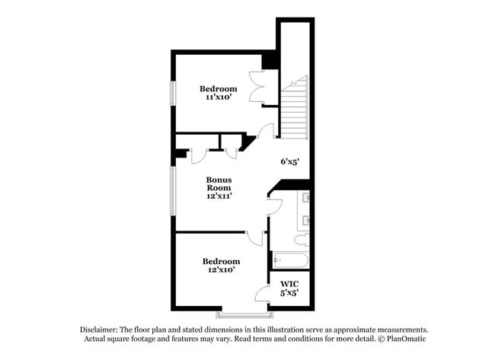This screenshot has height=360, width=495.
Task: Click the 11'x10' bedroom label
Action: click(x=218, y=94)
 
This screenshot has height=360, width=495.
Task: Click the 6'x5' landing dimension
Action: click(x=290, y=161)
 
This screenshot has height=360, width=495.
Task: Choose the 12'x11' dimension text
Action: click(x=219, y=195)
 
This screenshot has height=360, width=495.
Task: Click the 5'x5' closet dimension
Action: click(x=289, y=292)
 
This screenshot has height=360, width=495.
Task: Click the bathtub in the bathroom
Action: click(x=290, y=261)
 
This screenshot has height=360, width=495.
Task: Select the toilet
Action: click(x=302, y=239)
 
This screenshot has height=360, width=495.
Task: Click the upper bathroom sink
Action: click(x=306, y=199)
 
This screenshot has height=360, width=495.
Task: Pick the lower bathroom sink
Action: click(x=306, y=221)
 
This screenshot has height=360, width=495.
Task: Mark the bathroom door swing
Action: click(x=276, y=204)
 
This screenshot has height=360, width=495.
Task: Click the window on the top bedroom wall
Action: click(x=173, y=93)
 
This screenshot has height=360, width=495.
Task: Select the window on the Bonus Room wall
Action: click(x=173, y=190)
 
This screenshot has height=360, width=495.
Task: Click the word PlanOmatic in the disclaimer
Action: click(x=408, y=339)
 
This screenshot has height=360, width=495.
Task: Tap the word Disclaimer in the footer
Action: click(x=100, y=330)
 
